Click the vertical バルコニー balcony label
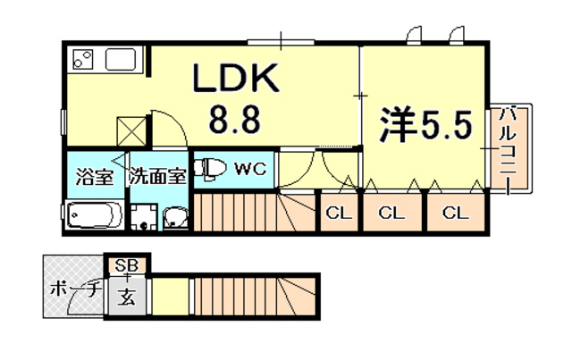[x=507, y=148]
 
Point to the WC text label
[x=249, y=168]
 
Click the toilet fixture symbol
[x=210, y=169]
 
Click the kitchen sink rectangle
[x=121, y=60]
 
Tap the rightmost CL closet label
[x=454, y=213]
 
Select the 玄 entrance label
[x=128, y=297]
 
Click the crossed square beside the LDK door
[x=131, y=130]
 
